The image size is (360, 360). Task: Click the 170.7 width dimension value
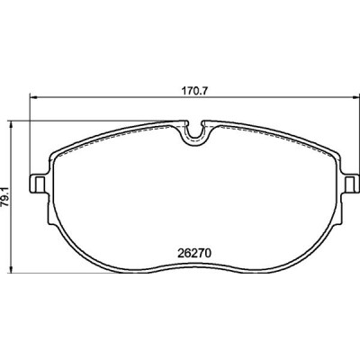[194, 91]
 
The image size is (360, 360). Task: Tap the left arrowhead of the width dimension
[33, 97]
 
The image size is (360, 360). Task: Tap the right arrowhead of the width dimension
[355, 97]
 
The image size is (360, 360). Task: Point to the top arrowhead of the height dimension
[12, 125]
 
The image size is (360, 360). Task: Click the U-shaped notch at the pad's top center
[195, 134]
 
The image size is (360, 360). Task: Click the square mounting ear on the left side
[38, 184]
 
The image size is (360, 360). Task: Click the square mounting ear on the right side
[351, 184]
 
